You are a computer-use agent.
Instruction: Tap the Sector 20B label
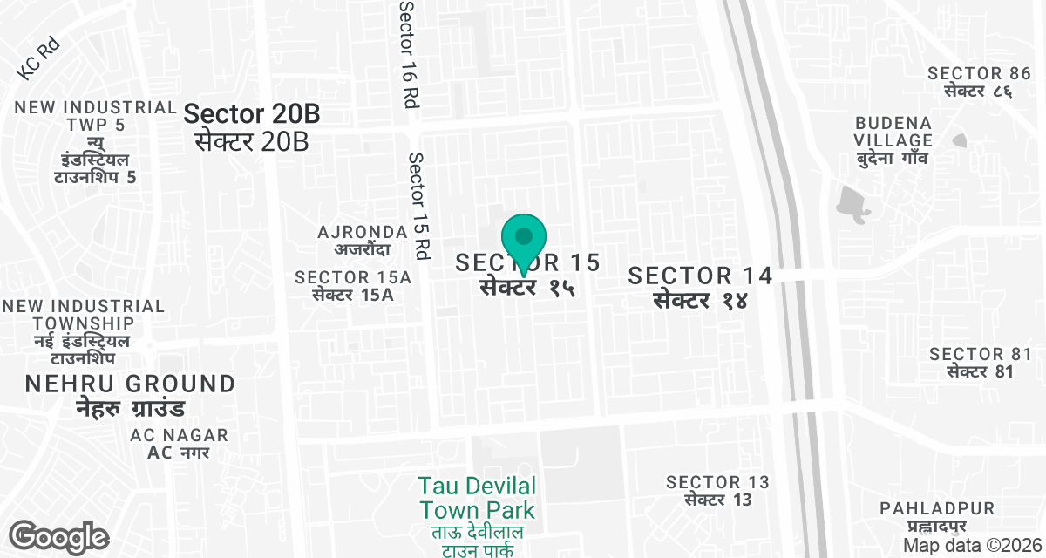pyautogui.click(x=251, y=126)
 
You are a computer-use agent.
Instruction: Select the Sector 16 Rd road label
pyautogui.click(x=407, y=54)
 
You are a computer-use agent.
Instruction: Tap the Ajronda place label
pyautogui.click(x=363, y=241)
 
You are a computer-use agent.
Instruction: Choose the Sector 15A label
pyautogui.click(x=353, y=286)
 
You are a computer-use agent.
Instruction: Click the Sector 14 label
pyautogui.click(x=701, y=287)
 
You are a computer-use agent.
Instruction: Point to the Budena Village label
pyautogui.click(x=893, y=139)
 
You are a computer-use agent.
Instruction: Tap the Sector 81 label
pyautogui.click(x=980, y=362)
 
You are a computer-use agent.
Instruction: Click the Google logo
pyautogui.click(x=58, y=536)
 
